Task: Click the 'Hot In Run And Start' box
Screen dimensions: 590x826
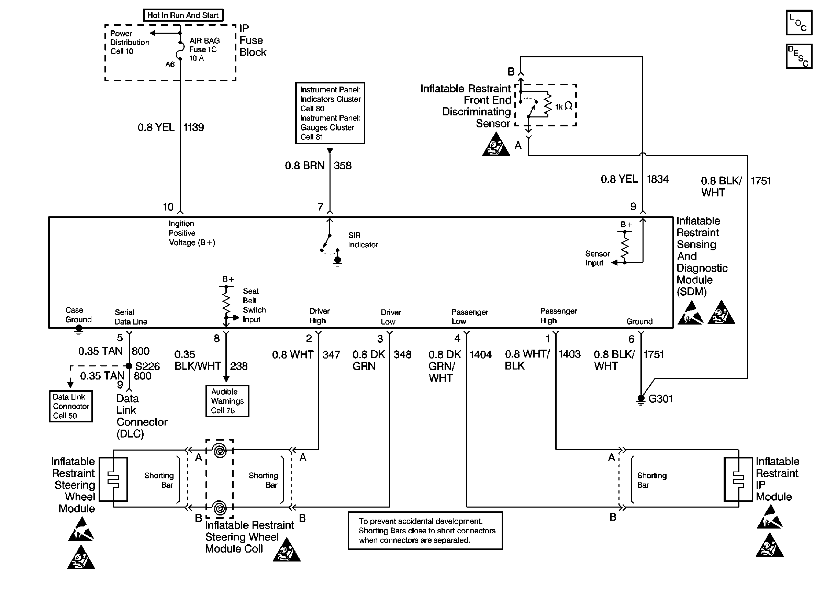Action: coord(183,15)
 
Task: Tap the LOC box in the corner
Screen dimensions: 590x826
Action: coord(799,23)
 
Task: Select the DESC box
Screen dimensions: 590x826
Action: coord(799,56)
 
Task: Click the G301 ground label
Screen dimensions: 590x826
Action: coord(660,399)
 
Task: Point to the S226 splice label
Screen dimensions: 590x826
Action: coord(147,366)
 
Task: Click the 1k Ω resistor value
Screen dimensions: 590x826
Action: coord(563,106)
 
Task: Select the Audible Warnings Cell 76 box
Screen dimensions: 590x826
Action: coord(227,401)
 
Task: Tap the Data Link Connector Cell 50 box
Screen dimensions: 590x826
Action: coord(71,406)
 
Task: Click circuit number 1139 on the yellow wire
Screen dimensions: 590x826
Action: coord(193,127)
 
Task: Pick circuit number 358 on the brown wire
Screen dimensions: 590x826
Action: coord(342,166)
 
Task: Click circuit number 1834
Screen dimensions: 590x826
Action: coord(657,179)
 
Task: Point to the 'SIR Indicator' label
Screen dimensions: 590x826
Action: coord(363,240)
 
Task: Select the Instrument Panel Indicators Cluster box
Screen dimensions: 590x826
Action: coord(330,113)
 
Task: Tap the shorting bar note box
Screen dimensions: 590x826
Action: coord(425,531)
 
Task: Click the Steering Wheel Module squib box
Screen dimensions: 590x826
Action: coord(113,479)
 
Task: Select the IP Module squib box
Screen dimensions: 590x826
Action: coord(738,479)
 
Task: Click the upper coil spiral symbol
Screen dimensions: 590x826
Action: coord(220,451)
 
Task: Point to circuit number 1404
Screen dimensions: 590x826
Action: coord(480,354)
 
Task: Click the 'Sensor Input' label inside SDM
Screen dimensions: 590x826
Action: coord(597,258)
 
